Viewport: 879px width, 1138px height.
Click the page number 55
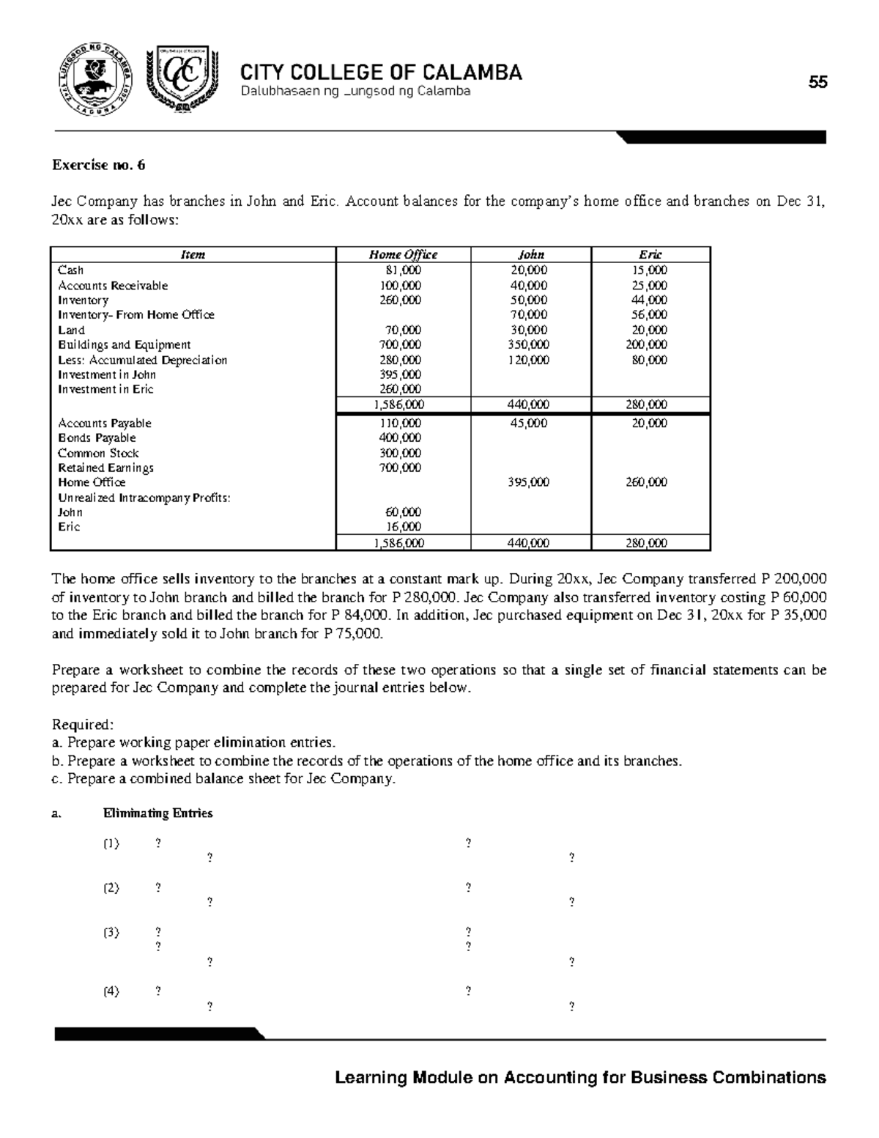pos(817,82)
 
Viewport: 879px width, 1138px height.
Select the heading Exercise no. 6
pos(98,165)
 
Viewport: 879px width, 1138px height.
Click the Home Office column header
pos(402,255)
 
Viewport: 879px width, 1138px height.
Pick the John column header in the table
pos(530,255)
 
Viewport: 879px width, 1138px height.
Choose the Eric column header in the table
pos(650,255)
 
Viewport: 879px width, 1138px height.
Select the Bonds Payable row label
pos(97,438)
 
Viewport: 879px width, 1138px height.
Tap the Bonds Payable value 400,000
pos(401,438)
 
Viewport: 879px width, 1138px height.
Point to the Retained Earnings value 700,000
pos(401,468)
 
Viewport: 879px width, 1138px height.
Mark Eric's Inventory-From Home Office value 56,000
pos(650,315)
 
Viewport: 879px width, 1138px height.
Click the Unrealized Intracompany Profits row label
pos(144,498)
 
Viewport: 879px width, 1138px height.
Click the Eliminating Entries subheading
pos(158,813)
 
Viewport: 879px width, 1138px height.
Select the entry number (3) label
pos(111,932)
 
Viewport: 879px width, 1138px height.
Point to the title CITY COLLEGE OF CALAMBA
pos(382,73)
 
